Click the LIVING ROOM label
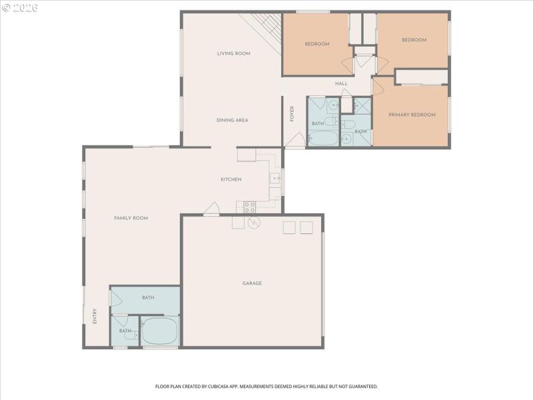coord(233,53)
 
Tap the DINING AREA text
coord(232,121)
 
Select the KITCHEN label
coord(231,179)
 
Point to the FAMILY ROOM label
coord(131,218)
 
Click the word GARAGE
coord(252,283)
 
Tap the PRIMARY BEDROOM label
coord(413,115)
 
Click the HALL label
coord(341,83)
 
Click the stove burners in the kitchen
coord(249,207)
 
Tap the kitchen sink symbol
coord(274,179)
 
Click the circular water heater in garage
coord(253,223)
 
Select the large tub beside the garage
coord(160,331)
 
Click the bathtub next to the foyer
coord(324,139)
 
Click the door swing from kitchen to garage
coord(212,209)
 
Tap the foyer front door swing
coord(297,140)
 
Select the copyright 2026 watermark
coord(20,7)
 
